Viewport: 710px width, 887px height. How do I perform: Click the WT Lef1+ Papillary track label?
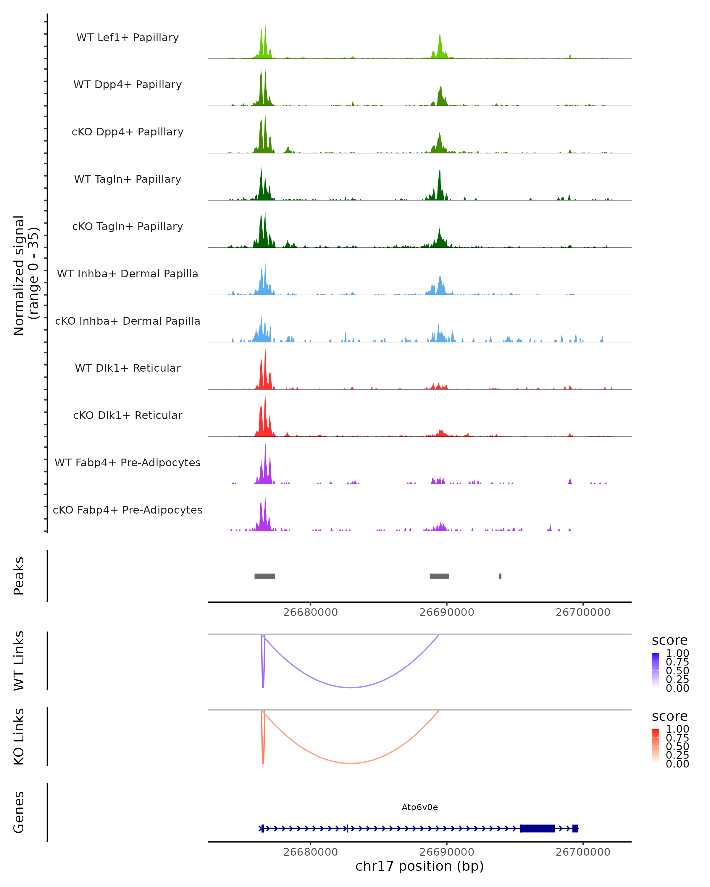[x=128, y=38]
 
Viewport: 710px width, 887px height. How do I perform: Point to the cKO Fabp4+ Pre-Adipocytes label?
[x=128, y=510]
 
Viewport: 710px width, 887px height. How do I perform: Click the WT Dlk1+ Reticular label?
[x=128, y=368]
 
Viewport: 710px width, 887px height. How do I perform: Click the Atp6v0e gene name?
[x=419, y=807]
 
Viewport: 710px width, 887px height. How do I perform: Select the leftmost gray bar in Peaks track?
[x=265, y=576]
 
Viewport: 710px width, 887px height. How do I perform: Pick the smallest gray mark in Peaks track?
[x=500, y=576]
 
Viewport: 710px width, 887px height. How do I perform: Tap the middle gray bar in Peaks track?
[x=439, y=576]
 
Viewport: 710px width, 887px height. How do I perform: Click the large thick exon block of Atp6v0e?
[x=537, y=828]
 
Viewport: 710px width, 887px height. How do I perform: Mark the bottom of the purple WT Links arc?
[x=350, y=687]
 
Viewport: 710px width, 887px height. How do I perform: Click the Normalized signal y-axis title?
[x=25, y=275]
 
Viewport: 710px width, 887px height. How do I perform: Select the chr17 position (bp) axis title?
[x=419, y=866]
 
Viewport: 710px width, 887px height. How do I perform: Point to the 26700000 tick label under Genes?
[x=583, y=852]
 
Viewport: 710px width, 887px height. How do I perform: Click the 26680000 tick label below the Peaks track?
[x=310, y=612]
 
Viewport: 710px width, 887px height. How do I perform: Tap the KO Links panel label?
[x=19, y=737]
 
